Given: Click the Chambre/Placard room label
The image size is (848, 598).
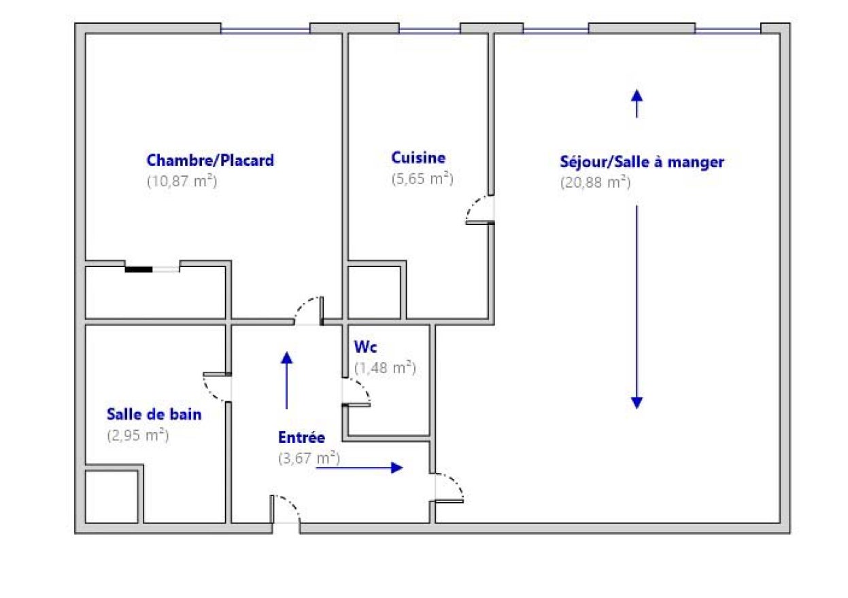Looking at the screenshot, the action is point(210,160).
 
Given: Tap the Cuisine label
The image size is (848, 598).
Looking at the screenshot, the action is point(418,158).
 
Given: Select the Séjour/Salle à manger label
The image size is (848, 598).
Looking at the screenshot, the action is point(642,162).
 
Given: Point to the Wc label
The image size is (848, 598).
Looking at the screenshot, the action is point(365,347).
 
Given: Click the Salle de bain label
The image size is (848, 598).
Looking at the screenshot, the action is point(154,414).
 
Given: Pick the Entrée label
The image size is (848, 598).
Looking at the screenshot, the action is point(302,438).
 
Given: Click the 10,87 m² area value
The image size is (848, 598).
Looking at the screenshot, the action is point(182,181).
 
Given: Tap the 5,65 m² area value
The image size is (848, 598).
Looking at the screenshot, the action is point(422,179).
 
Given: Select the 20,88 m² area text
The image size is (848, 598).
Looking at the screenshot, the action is point(596,182).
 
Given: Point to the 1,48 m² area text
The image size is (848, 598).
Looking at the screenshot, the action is point(386,368).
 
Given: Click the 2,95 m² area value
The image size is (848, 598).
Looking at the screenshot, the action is point(138,436).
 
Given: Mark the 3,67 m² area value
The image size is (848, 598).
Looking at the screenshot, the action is point(309,459).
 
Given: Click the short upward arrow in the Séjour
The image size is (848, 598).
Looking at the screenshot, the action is point(637,104).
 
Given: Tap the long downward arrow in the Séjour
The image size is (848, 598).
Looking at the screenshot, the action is point(637,307).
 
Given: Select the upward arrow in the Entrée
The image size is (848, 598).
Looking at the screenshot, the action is point(286,381).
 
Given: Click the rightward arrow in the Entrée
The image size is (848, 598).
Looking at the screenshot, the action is point(359,468).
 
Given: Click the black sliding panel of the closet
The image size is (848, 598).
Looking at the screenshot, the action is point(139,270).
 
